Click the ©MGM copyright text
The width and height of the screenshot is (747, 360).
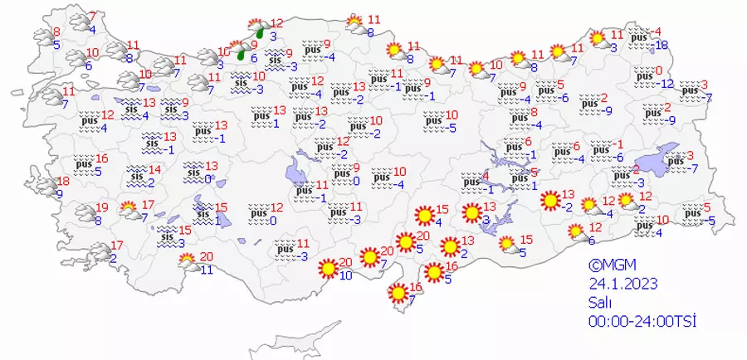coord(612,266)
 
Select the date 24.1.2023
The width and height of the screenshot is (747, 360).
coord(622,284)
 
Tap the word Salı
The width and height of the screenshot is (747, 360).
coord(602,303)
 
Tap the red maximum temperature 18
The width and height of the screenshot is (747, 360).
coord(63,182)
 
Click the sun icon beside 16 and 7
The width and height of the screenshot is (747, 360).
coord(398,293)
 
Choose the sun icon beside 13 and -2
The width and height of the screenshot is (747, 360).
coord(549,200)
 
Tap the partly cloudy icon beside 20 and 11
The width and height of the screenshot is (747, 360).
coord(188,262)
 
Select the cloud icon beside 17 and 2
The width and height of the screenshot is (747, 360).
coord(97,251)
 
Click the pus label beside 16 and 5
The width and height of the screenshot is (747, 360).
coord(81,164)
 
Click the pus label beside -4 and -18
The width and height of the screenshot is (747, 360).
coord(640,38)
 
